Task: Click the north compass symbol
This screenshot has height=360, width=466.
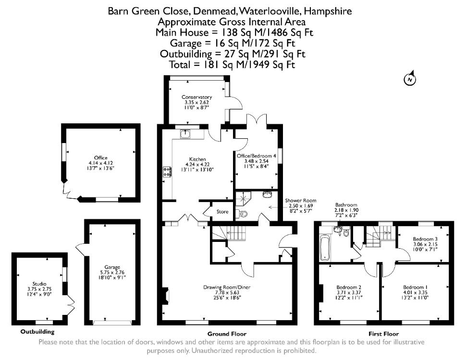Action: pos(410,78)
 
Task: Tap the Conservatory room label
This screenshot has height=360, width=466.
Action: pos(196,97)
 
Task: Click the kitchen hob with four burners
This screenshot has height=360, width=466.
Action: pos(167,172)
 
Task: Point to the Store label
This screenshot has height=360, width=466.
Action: pos(222,212)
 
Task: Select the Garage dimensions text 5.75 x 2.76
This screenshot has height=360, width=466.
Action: pos(112,272)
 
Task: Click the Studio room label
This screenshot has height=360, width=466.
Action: pos(39,284)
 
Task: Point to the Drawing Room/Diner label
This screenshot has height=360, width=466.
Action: pos(227,287)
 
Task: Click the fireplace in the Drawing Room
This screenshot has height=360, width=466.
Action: pos(166,296)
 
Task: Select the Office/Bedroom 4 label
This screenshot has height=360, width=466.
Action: pos(256,156)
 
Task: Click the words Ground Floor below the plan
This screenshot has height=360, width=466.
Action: pos(227,334)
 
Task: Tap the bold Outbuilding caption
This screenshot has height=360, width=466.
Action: pos(37,332)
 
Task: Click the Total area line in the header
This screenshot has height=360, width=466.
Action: pos(232,65)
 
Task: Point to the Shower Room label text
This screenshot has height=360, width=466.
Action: pos(300,201)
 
